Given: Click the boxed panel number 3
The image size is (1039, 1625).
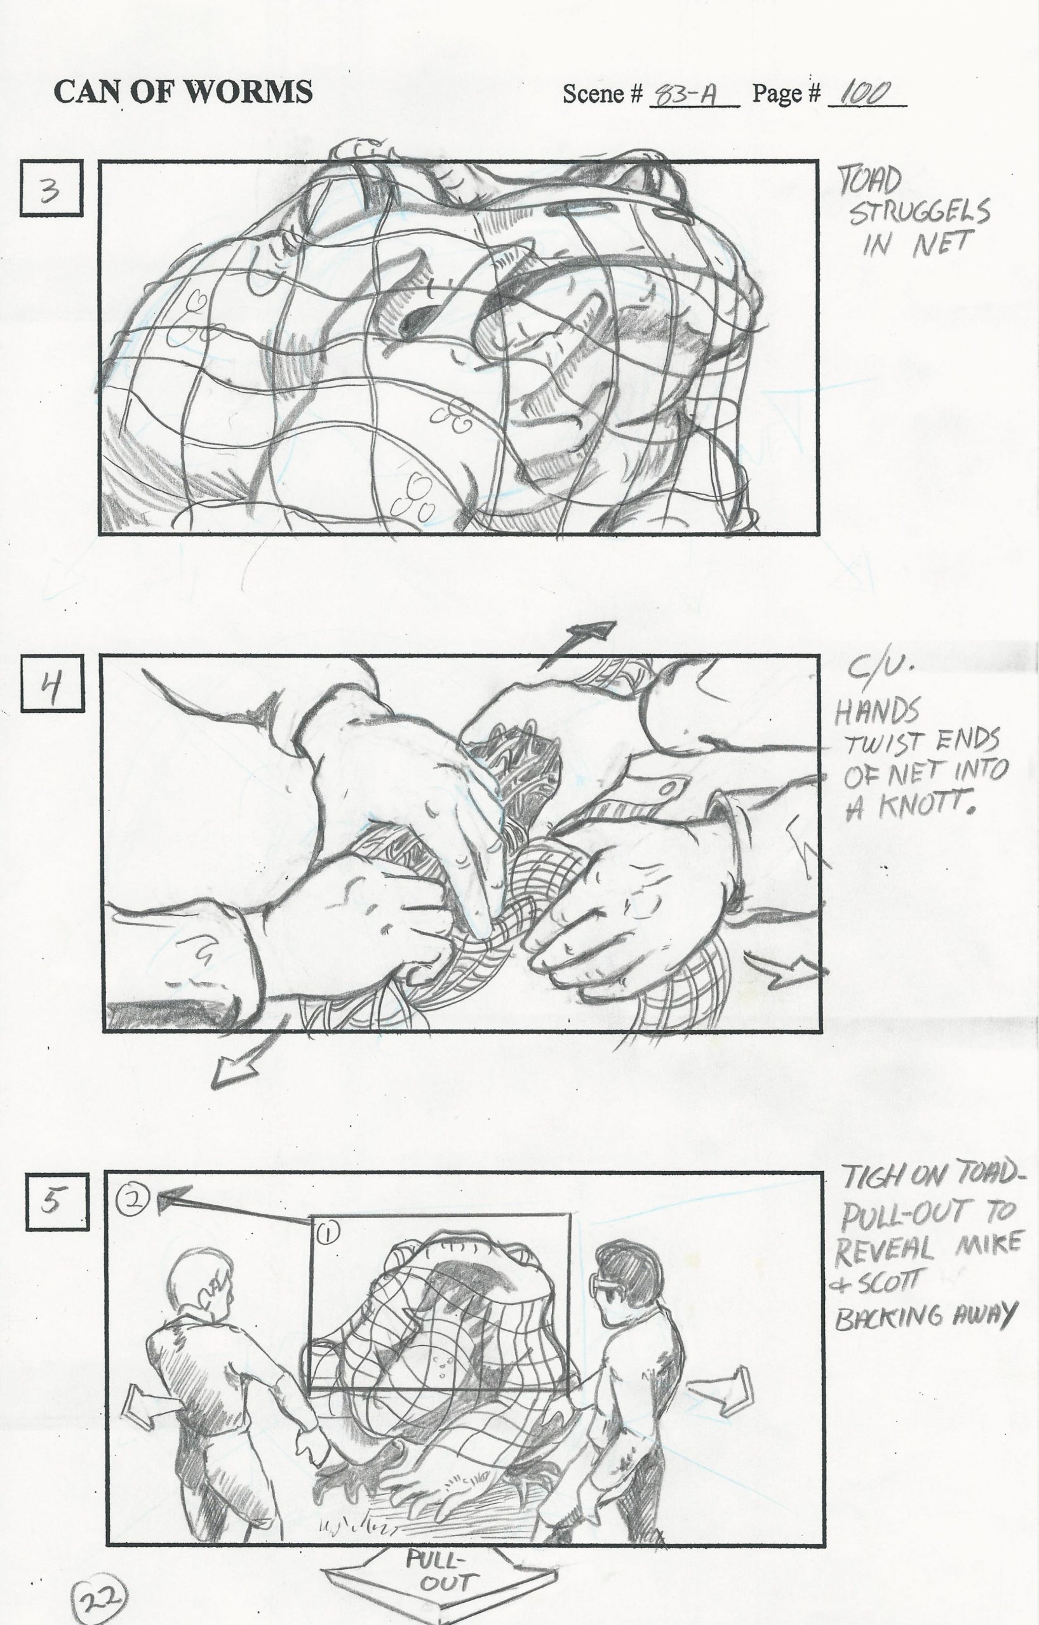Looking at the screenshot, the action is click(52, 189).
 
